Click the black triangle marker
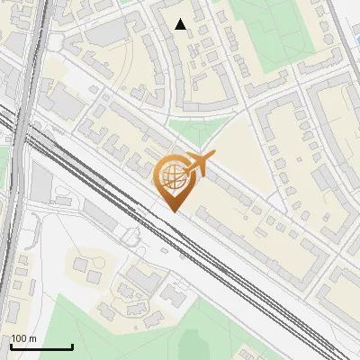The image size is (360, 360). (181, 24)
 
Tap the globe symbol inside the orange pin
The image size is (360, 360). (172, 175)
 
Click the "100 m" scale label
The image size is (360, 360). (24, 338)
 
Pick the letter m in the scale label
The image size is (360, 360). (33, 338)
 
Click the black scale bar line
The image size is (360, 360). (41, 347)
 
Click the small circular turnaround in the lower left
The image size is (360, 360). (133, 238)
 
